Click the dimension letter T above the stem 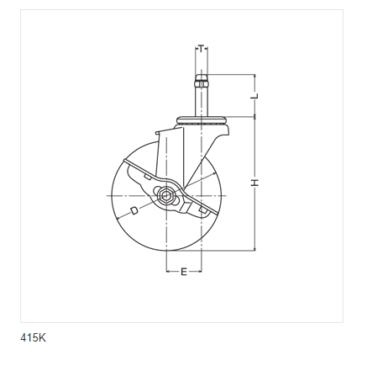tap(202, 49)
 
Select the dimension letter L tap(254, 96)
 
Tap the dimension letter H tap(254, 183)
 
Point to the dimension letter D tap(134, 210)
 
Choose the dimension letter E tap(184, 272)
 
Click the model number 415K tap(33, 337)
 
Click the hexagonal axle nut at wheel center tap(166, 195)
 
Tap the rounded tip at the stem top tap(202, 77)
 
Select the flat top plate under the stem tap(202, 119)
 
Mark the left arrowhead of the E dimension tap(168, 271)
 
